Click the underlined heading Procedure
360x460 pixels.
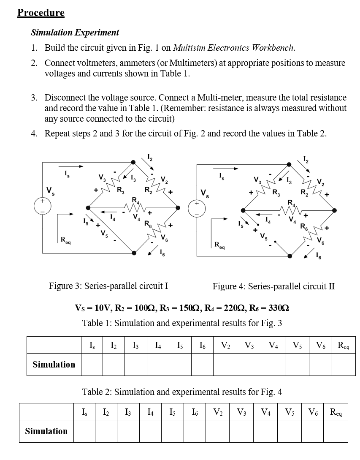[41, 13]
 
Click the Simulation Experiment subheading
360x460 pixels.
[75, 33]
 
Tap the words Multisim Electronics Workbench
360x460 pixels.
[233, 47]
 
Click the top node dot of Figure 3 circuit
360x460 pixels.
[133, 162]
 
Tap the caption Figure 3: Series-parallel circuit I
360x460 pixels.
[108, 286]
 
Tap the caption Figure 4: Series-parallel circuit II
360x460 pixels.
[273, 286]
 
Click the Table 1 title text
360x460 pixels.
[182, 324]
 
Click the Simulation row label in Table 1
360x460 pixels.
[54, 364]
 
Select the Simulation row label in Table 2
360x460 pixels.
[46, 431]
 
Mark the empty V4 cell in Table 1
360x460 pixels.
[273, 364]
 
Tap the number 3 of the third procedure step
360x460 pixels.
[34, 98]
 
